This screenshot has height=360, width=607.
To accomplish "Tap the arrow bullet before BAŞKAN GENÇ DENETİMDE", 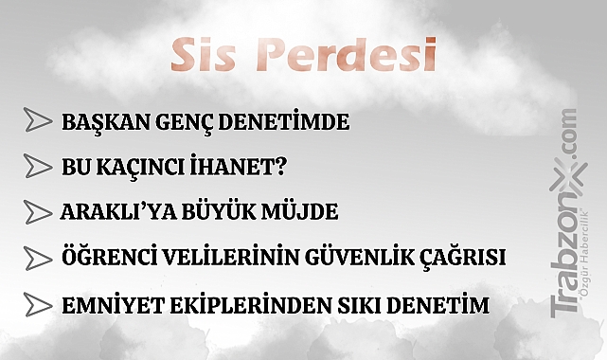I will point(37,121).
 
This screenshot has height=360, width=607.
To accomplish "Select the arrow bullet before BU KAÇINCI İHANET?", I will point(37,167).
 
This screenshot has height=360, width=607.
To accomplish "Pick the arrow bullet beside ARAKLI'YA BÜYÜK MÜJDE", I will point(37,211).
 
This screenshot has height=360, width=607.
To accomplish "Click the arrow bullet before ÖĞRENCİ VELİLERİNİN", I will point(37,257).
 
